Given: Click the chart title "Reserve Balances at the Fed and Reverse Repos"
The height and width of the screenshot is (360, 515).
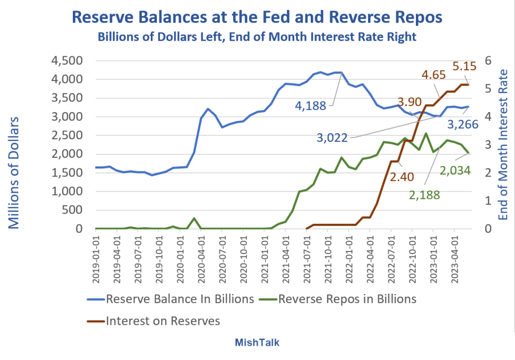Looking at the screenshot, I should coord(257,17).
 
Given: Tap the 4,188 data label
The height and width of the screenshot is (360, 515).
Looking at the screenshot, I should coord(311,106).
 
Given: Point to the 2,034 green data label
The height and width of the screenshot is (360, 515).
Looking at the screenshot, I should coord(455,170).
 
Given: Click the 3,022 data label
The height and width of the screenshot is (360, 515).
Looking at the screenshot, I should coord(332,137).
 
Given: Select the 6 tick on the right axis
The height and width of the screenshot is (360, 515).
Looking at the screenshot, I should coord(486,61).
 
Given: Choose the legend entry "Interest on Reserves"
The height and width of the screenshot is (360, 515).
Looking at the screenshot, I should coord(163,321).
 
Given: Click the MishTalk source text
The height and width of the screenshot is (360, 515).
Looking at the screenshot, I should coord(257,343).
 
